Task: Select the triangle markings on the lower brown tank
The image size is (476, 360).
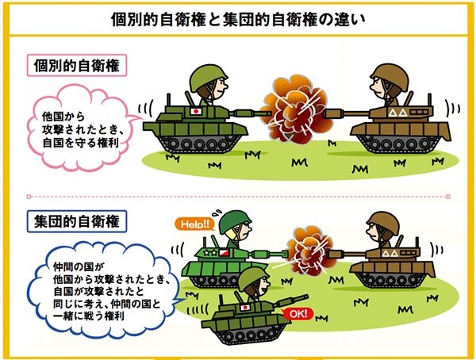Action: pos(390,253)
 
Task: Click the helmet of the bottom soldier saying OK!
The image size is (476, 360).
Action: pos(251,277)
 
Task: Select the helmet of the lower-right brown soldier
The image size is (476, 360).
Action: pos(383,220)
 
